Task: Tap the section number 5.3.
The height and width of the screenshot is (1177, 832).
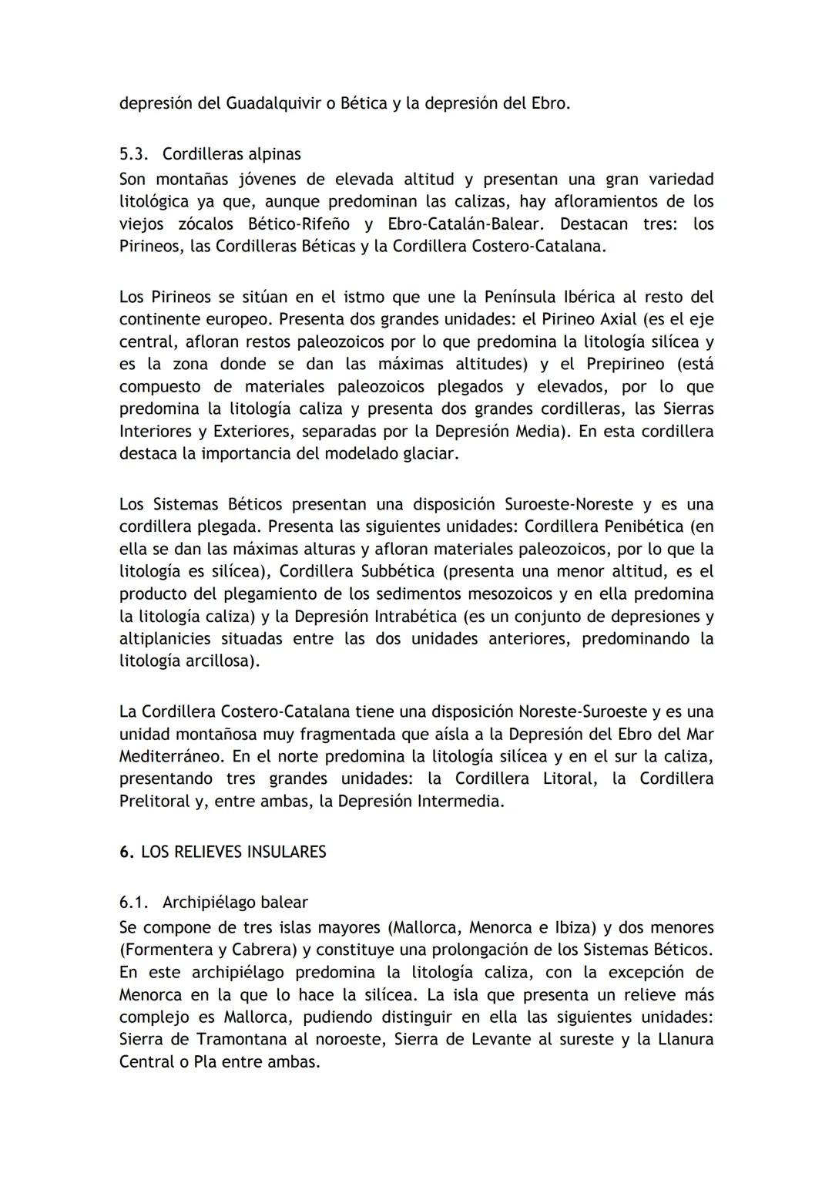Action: [133, 154]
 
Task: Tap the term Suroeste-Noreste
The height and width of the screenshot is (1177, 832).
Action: [569, 505]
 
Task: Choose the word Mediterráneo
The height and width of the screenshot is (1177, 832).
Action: [169, 756]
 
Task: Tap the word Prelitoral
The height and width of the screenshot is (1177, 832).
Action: [154, 801]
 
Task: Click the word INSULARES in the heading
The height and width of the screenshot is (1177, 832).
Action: [286, 852]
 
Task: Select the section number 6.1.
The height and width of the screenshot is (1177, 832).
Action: [133, 903]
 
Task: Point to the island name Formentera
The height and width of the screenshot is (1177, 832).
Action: [166, 950]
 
